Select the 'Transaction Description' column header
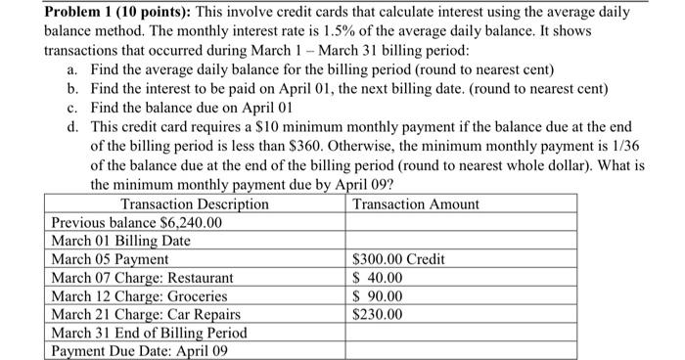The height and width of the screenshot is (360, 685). [x=194, y=203]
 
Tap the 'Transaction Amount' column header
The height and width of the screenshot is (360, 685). [x=416, y=203]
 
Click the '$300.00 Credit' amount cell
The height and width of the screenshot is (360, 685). [x=398, y=259]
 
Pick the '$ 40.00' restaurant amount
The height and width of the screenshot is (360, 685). [x=378, y=278]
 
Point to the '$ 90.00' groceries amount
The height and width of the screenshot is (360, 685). [x=378, y=296]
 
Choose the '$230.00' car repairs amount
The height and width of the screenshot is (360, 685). [x=377, y=315]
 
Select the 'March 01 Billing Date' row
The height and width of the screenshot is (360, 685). [x=120, y=241]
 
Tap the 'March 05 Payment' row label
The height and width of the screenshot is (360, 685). [x=110, y=259]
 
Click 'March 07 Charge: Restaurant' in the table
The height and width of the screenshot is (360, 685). [x=143, y=278]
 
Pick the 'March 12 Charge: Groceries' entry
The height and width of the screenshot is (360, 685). [x=139, y=296]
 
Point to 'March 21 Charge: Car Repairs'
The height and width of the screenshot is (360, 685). [x=146, y=315]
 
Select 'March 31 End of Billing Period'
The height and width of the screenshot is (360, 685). [x=149, y=333]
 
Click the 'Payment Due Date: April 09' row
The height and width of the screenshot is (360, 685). [x=138, y=351]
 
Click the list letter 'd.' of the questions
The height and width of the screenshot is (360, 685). [x=73, y=126]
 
